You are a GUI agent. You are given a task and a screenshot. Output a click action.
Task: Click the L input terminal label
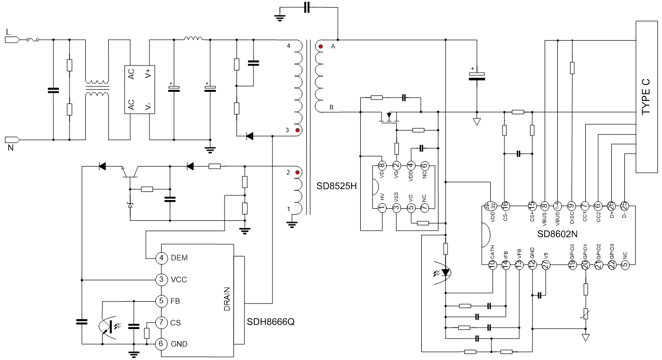(x=8, y=31)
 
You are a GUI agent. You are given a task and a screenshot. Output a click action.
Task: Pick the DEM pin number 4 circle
(x=161, y=258)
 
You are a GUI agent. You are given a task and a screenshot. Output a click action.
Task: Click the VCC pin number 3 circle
(x=161, y=279)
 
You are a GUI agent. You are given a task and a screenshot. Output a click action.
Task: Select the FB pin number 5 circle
(x=161, y=301)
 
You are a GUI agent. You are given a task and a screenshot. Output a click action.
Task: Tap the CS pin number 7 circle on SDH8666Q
(x=161, y=322)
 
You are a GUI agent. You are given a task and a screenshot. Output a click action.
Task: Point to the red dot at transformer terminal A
(x=321, y=47)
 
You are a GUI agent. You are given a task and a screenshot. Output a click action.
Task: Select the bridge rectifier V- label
(x=147, y=106)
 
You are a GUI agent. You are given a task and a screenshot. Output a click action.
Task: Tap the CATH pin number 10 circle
(x=492, y=264)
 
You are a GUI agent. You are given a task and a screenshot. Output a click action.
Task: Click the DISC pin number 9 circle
(x=571, y=206)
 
